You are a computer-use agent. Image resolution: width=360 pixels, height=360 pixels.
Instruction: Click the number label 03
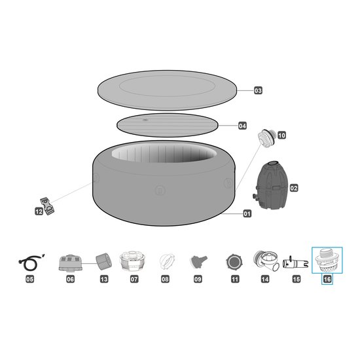(x=258, y=90)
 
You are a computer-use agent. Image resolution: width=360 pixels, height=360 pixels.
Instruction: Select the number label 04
(x=242, y=126)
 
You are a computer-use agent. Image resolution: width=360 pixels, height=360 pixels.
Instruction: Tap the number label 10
(x=281, y=135)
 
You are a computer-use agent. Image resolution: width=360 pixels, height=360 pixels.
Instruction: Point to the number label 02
(x=294, y=189)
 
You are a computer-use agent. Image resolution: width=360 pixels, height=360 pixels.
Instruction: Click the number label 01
(x=247, y=214)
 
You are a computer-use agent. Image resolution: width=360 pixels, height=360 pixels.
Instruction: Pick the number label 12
(x=39, y=211)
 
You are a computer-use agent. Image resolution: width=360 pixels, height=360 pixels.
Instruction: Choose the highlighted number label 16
(x=327, y=279)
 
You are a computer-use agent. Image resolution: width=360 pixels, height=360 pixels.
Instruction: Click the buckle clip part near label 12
(x=48, y=206)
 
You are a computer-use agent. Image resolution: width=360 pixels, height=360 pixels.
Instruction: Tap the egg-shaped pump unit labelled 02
(x=270, y=185)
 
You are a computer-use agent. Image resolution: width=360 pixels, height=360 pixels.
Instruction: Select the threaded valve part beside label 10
(x=266, y=137)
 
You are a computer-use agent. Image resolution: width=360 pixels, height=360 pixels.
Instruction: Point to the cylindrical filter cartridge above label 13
(x=103, y=262)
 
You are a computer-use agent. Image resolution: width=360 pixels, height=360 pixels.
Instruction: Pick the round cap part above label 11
(x=234, y=262)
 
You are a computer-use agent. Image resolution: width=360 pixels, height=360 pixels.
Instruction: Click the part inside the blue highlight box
(x=327, y=260)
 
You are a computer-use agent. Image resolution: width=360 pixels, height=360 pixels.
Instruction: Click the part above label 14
(x=266, y=261)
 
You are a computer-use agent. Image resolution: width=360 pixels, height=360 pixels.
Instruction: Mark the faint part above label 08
(x=167, y=262)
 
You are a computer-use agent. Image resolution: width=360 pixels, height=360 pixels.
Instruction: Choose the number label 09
(x=198, y=279)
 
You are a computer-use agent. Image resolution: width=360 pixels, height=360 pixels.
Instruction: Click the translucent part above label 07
(x=132, y=261)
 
